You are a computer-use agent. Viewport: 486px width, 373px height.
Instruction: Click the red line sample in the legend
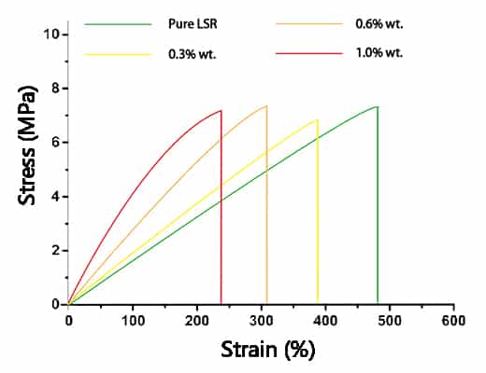click(310, 53)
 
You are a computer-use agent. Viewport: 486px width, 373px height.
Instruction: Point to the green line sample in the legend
click(118, 21)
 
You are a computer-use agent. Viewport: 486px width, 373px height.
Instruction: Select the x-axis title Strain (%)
click(268, 351)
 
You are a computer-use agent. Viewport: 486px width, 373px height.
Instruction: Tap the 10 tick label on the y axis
click(51, 35)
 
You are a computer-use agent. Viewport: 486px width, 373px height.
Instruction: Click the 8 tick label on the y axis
click(55, 89)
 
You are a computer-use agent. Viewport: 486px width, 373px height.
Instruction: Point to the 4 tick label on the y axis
click(55, 197)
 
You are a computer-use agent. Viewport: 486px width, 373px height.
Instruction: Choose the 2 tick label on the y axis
click(55, 251)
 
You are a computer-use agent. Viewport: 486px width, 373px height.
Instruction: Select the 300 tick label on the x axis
click(261, 320)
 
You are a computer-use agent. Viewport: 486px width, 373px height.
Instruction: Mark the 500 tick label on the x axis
click(389, 320)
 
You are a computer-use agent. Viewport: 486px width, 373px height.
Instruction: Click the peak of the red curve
click(221, 111)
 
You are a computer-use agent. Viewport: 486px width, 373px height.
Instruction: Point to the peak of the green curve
click(377, 106)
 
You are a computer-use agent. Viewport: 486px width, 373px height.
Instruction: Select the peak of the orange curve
click(266, 105)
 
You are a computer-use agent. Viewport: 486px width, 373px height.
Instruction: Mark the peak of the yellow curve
click(318, 119)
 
